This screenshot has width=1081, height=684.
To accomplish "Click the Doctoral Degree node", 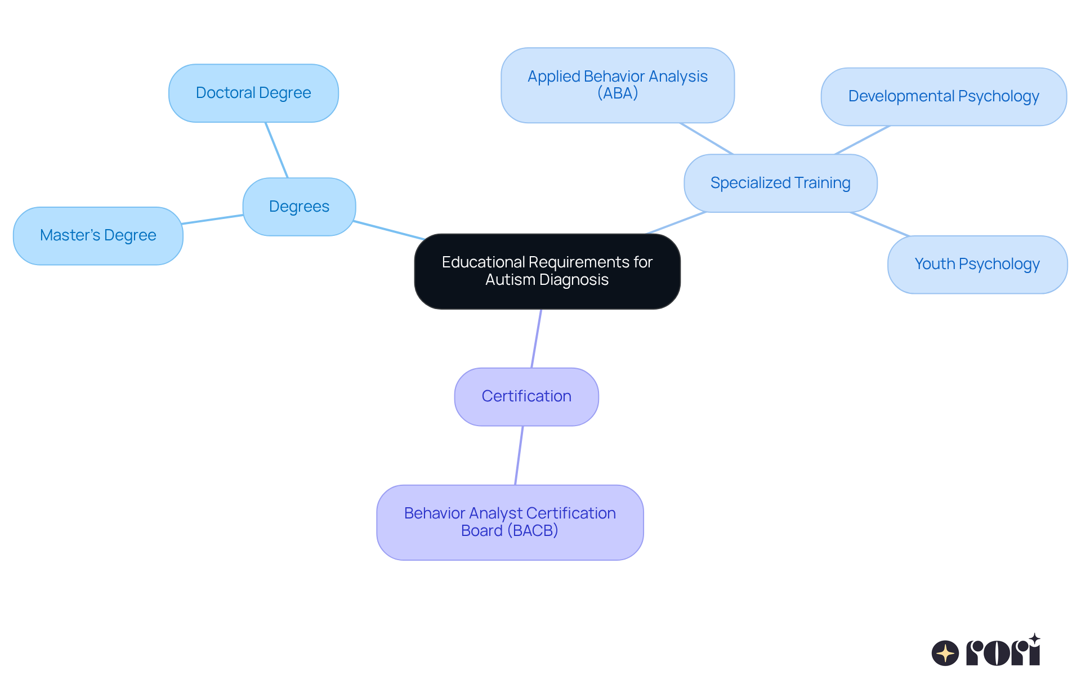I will tap(253, 93).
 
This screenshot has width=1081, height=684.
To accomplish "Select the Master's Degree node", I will tap(98, 235).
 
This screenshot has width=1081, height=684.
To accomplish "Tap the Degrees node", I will tap(299, 207).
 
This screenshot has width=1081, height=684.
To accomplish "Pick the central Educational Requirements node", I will tap(547, 271).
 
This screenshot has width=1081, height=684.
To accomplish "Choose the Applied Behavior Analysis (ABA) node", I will tap(617, 85).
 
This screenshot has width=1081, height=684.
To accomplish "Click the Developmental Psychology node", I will tap(943, 96).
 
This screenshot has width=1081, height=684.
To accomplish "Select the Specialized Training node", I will tap(780, 183).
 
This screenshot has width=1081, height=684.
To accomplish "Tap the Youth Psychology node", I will tap(977, 264).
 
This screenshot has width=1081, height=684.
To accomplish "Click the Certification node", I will tap(526, 396).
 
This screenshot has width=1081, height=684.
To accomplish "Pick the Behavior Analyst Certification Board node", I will tap(510, 522).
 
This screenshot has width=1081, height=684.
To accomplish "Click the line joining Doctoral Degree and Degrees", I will tap(276, 150).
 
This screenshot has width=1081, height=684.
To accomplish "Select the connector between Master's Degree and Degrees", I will tap(213, 219).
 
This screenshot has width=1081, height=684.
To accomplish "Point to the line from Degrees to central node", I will tap(388, 230).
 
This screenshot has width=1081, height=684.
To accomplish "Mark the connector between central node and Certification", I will tap(537, 338).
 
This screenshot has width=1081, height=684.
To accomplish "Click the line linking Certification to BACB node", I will tap(519, 455).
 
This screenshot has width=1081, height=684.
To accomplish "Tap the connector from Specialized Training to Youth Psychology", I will tap(879, 224).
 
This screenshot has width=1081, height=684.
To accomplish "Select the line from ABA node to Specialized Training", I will tap(706, 138).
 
